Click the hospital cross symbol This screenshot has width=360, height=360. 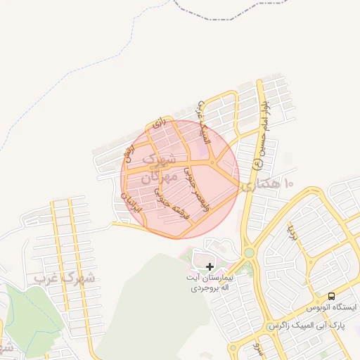coord(210,267)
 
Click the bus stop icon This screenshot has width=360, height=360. coord(331,296)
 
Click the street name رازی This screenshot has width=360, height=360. coord(159,123)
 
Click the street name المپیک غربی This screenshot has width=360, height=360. coord(202,124)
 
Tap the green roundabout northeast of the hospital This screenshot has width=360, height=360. coord(248,252)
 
